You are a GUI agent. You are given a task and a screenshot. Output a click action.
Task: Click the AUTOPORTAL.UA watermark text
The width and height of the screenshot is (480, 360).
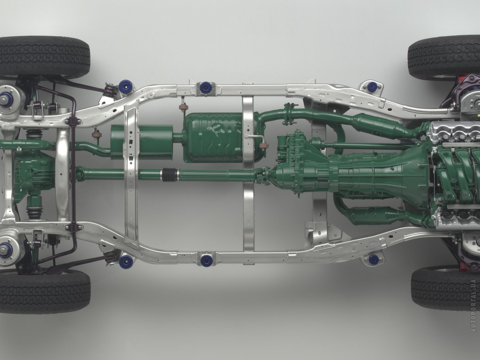tap(474, 305)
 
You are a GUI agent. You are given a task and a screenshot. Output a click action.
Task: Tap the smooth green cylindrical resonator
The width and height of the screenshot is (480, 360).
tap(142, 142)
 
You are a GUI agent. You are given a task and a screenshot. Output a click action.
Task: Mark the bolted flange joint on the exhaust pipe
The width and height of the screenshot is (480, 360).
tap(288, 114)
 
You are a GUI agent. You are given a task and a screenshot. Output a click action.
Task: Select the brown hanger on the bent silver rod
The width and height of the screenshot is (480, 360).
tap(263, 145)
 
